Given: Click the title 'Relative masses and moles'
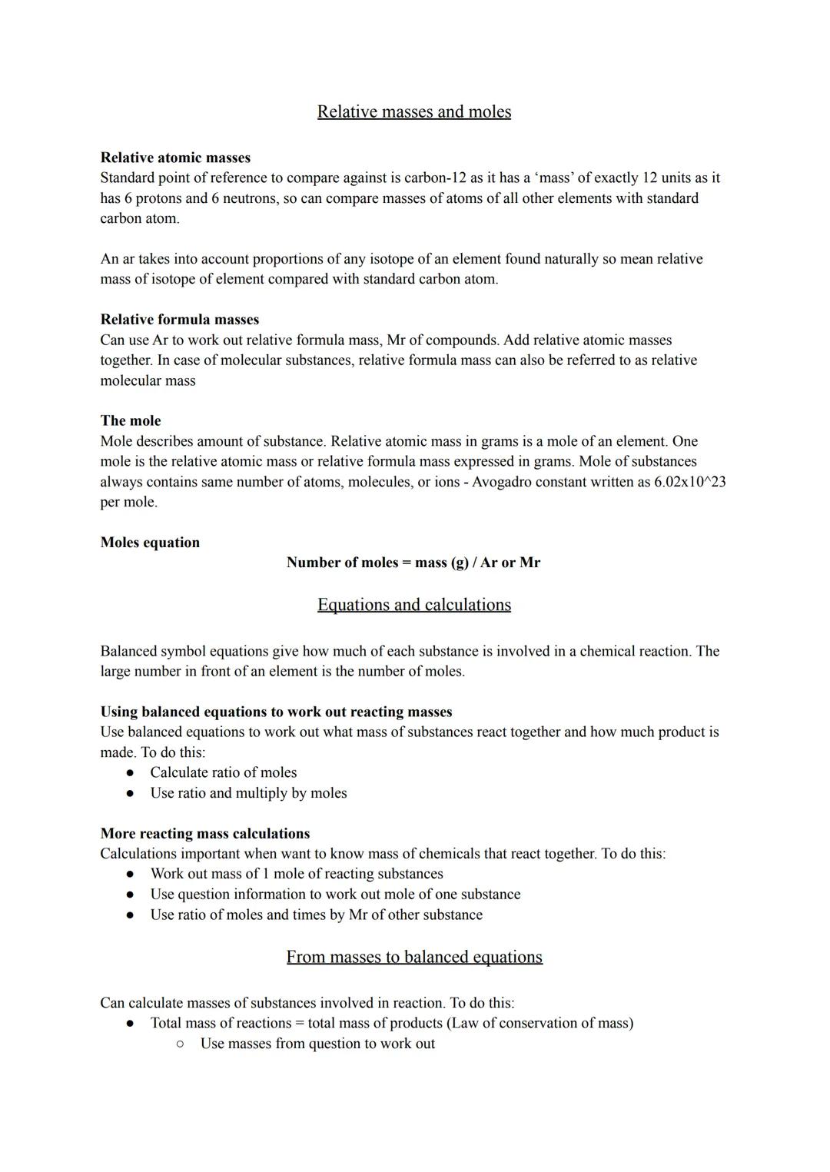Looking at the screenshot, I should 414,112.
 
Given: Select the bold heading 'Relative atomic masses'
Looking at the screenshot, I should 175,158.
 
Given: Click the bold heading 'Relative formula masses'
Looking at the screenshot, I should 180,320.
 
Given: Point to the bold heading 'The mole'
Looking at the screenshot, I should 131,421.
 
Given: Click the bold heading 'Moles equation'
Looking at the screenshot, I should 150,543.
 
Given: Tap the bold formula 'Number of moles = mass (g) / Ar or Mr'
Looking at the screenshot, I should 413,563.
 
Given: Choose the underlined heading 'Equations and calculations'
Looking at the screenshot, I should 414,605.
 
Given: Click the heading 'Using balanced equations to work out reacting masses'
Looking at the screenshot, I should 276,712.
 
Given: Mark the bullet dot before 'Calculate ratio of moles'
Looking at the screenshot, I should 131,773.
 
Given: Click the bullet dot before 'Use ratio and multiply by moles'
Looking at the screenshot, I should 131,793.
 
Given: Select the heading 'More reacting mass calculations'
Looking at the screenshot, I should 205,834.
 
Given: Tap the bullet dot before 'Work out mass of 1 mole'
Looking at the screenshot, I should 131,875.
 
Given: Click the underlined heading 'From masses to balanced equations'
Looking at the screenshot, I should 414,957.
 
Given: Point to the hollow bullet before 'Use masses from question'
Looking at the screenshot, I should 180,1044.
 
